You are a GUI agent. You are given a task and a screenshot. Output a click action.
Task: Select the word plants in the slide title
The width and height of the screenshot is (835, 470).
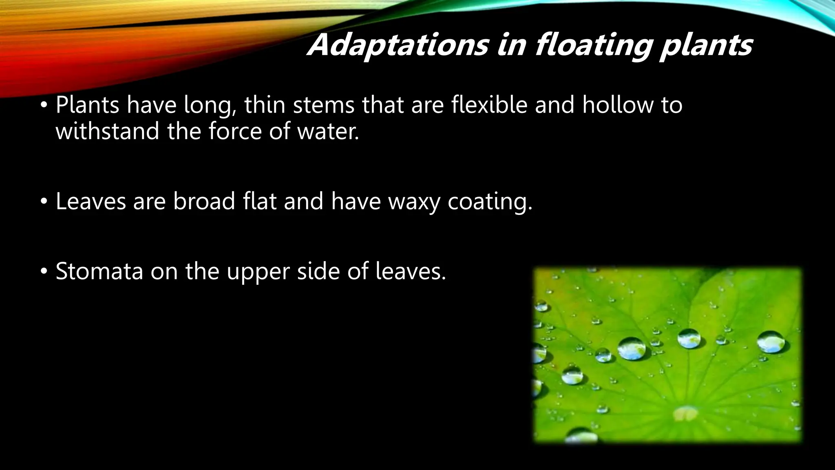point(706,46)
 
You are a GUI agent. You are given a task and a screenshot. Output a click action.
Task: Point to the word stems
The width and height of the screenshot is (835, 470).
point(324,105)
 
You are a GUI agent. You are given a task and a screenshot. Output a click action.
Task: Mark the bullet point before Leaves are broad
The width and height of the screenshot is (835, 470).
point(43,202)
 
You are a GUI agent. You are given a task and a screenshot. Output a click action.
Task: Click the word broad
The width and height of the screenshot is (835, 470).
point(204,201)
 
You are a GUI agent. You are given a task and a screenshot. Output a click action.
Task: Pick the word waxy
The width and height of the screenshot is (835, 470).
point(414,202)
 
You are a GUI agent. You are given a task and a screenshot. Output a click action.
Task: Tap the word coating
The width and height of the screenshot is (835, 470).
point(490,202)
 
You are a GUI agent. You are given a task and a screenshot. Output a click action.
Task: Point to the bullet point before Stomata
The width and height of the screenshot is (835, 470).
point(43,271)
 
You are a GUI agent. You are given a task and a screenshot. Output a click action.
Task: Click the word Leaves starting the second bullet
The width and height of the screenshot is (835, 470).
point(91,201)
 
